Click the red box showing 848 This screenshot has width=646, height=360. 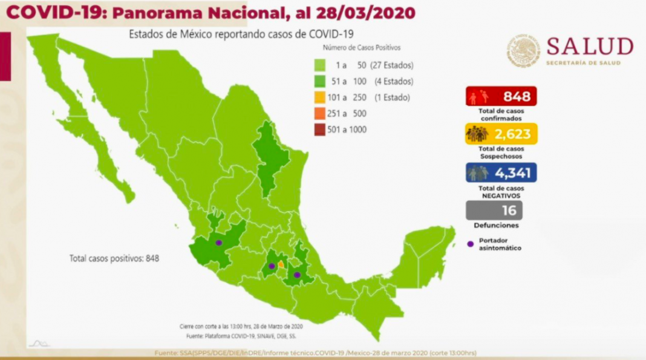click(x=501, y=96)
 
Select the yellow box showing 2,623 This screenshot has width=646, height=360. click(x=501, y=134)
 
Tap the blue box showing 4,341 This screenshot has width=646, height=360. click(x=501, y=173)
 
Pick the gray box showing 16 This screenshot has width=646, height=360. click(x=494, y=210)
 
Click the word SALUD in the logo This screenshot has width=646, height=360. click(x=590, y=47)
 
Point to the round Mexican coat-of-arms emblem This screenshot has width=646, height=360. click(x=524, y=50)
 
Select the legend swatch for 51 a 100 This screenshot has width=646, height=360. click(x=321, y=82)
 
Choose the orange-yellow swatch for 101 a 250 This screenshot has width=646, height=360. click(x=321, y=97)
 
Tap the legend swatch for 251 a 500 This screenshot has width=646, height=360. click(x=321, y=113)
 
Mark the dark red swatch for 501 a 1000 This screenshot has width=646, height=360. click(x=321, y=129)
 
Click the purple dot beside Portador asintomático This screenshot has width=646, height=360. click(x=471, y=244)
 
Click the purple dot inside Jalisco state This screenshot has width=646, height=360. click(x=219, y=242)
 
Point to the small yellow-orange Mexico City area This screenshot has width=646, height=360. click(x=281, y=265)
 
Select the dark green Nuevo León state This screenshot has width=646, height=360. click(x=270, y=159)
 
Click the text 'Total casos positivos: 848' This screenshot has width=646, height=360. click(x=114, y=258)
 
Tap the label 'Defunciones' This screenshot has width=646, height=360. click(x=495, y=225)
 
